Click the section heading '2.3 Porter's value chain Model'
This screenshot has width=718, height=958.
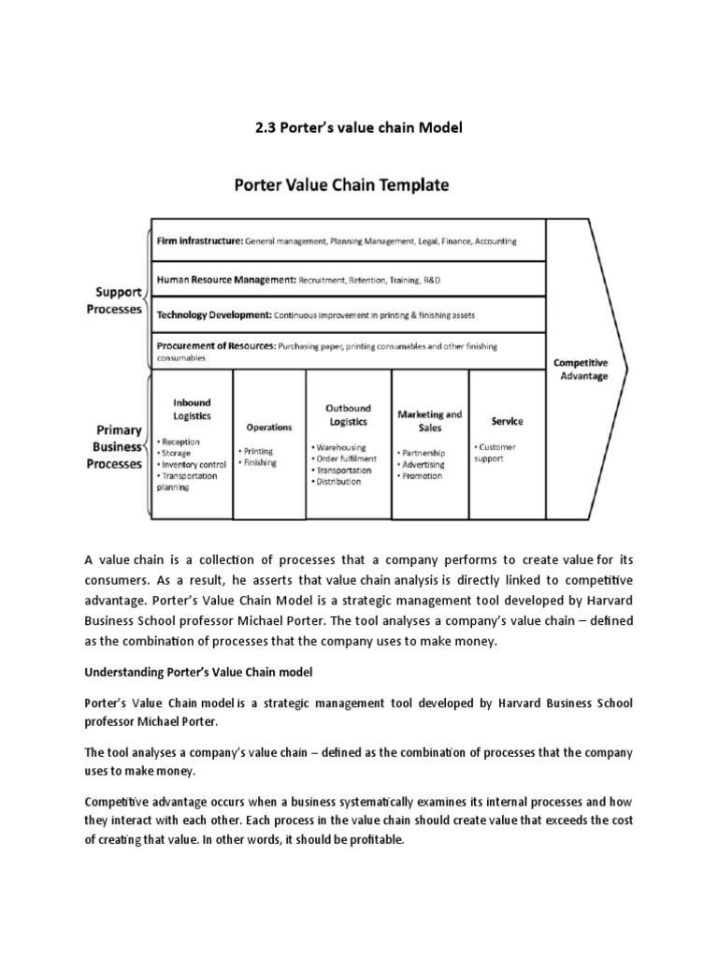pos(359,127)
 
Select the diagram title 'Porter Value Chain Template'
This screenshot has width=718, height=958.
pos(340,185)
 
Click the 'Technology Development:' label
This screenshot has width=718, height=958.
pos(214,314)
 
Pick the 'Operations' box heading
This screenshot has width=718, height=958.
pos(268,427)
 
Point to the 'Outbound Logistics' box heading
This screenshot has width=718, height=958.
pos(348,414)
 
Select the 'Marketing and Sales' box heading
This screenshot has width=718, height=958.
pos(430,419)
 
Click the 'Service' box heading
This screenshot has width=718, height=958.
pos(507,421)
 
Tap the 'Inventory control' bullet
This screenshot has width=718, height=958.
pos(194,464)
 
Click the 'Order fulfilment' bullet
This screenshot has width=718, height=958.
pos(346,459)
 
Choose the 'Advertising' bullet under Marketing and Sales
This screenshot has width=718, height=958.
pos(423,464)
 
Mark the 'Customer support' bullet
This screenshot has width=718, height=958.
pos(495,453)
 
